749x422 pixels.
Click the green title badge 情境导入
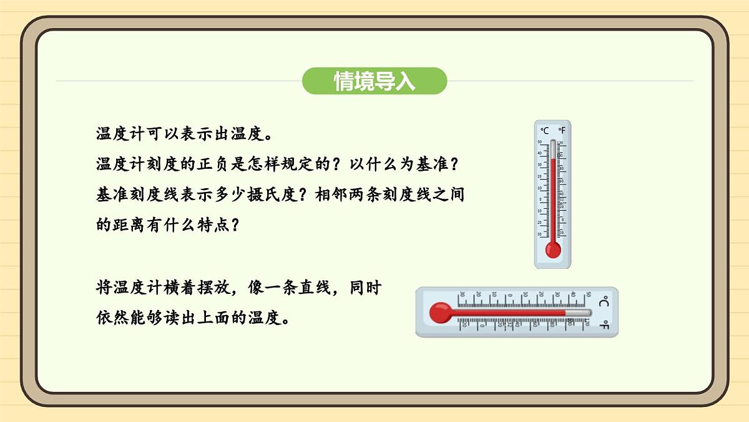(x=374, y=81)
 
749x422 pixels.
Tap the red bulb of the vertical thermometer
(x=553, y=250)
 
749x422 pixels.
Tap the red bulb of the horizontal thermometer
(x=439, y=312)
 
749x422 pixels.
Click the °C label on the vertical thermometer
(x=544, y=131)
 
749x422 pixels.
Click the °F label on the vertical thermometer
(x=561, y=131)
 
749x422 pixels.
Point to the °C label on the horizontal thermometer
(x=604, y=303)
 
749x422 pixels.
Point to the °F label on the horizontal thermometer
(x=604, y=324)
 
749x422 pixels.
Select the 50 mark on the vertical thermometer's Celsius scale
(x=540, y=142)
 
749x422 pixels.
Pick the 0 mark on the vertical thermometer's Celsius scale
(x=541, y=199)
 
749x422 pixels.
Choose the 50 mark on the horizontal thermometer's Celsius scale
(x=588, y=294)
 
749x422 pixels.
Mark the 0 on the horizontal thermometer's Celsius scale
(x=511, y=294)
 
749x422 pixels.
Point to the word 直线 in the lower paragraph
(x=324, y=288)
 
